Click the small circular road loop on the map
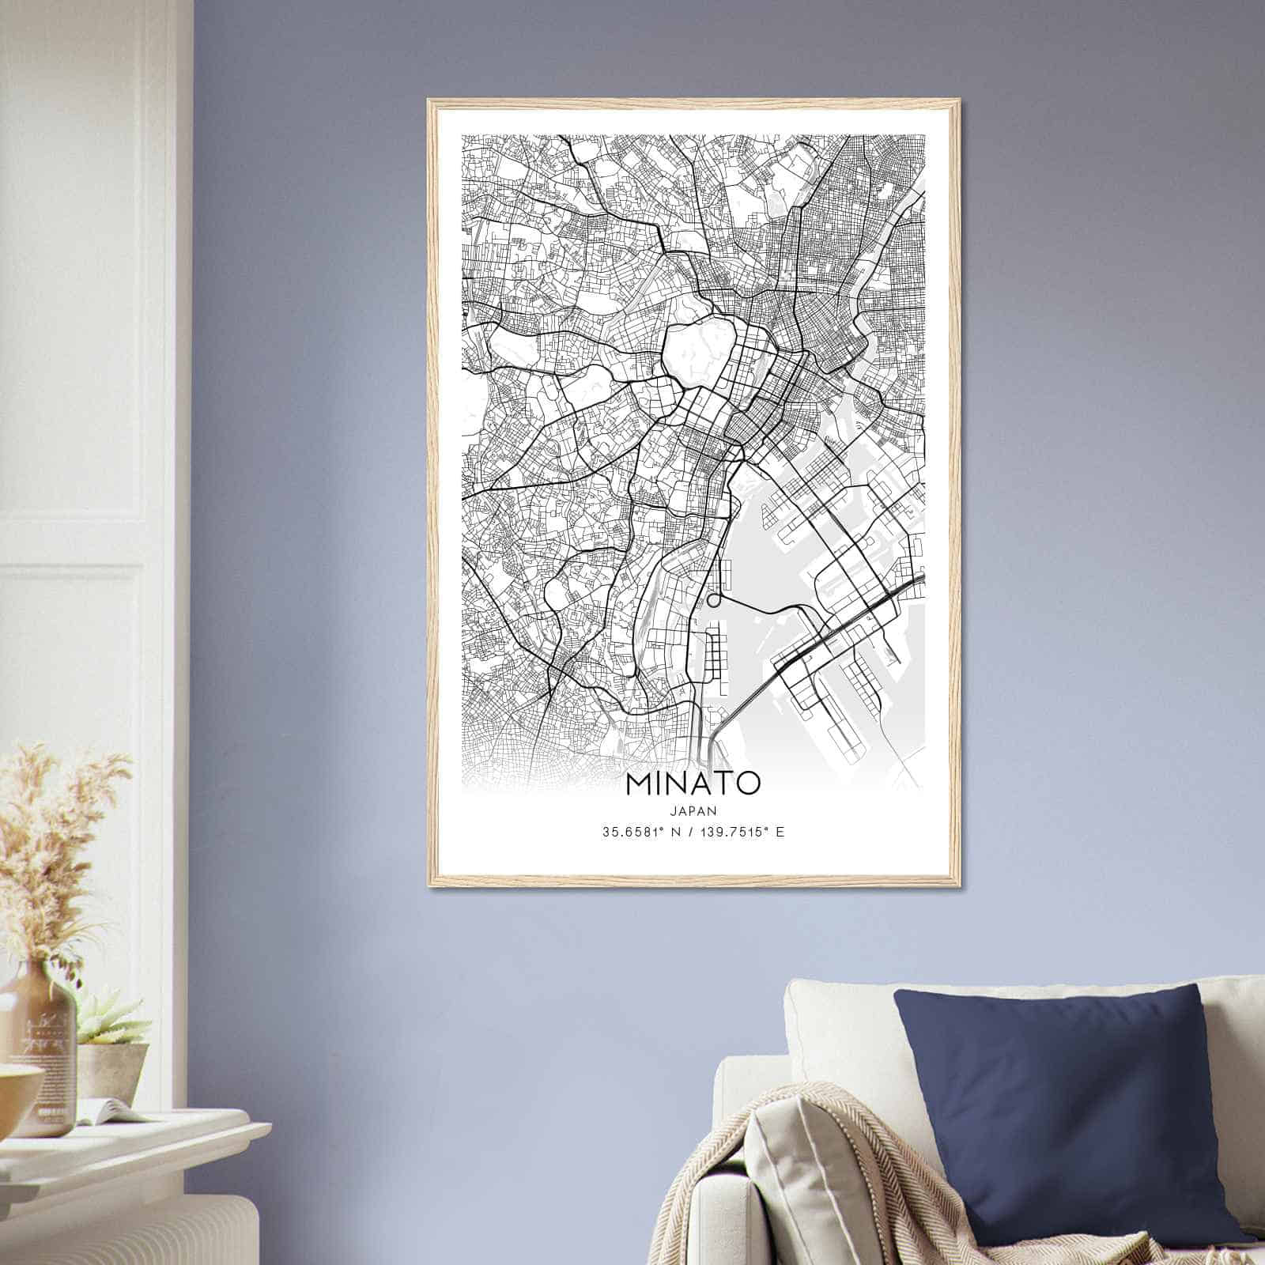714,600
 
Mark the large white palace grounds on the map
696,348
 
